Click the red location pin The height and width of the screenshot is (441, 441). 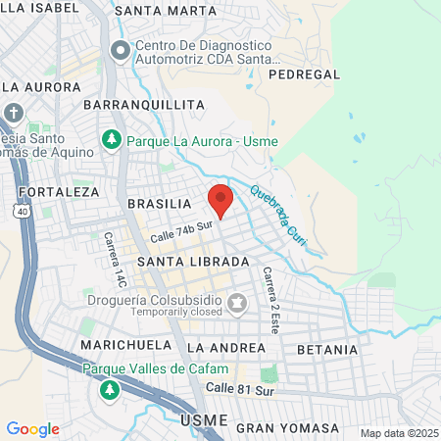click(220, 200)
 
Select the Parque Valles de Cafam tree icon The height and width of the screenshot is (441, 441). click(109, 389)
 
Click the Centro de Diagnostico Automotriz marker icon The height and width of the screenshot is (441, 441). click(120, 49)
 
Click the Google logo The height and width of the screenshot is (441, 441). click(32, 428)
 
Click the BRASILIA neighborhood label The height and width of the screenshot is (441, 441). click(159, 203)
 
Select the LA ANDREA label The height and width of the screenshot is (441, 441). click(225, 347)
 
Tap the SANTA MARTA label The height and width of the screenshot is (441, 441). click(165, 11)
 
